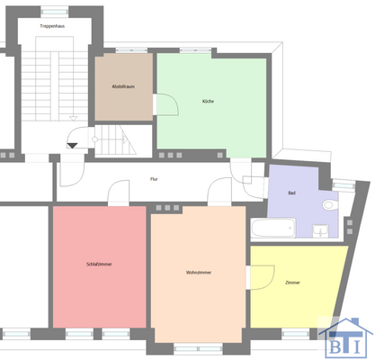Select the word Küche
[x=208, y=101]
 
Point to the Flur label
[x=154, y=179]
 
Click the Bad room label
[x=291, y=194]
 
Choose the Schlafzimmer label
[x=98, y=265]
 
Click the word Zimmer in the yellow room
[x=292, y=283]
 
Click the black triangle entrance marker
[x=73, y=145]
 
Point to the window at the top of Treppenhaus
[x=56, y=12]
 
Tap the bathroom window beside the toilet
[x=344, y=185]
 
